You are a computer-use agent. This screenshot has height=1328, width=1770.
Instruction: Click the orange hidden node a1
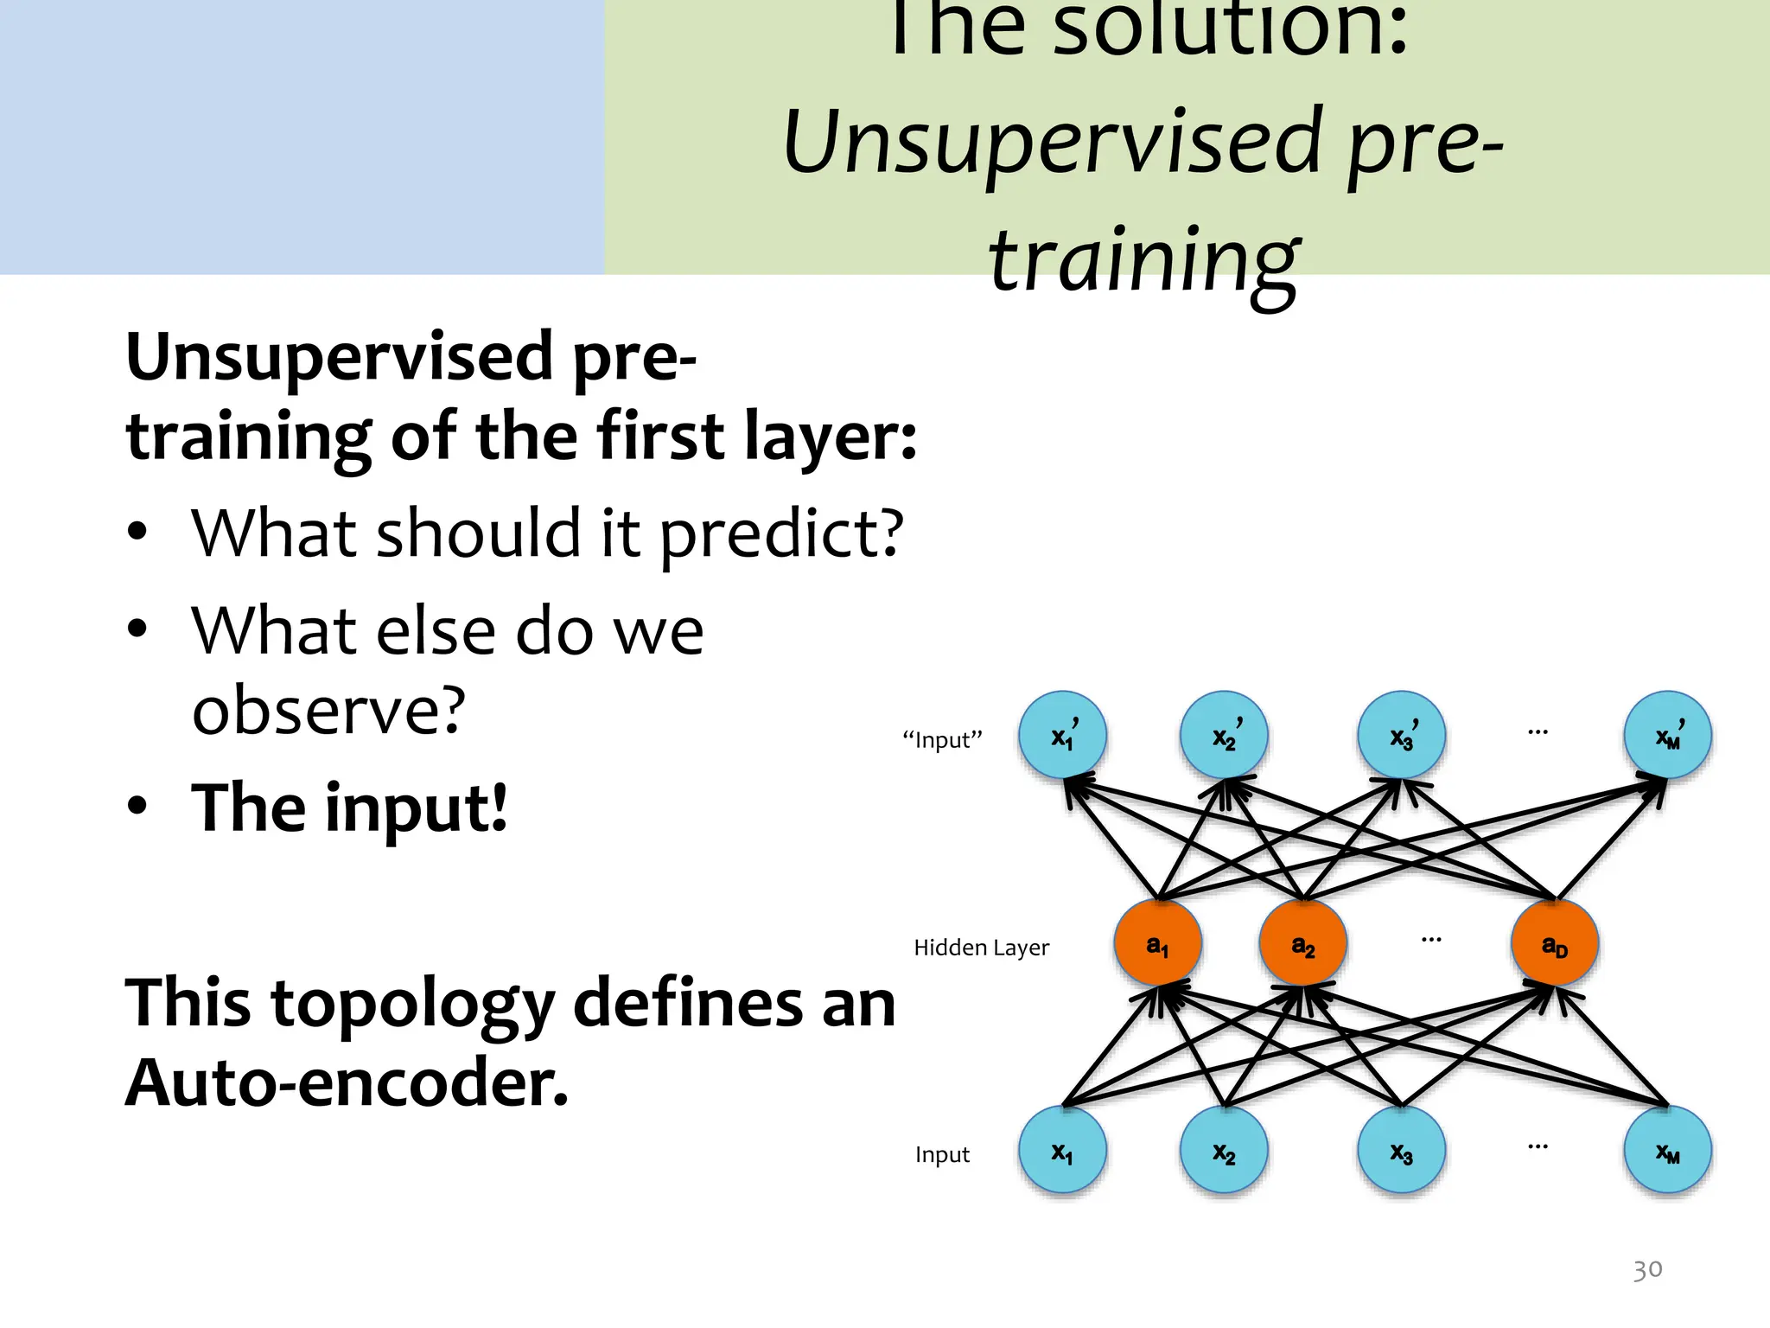[1157, 943]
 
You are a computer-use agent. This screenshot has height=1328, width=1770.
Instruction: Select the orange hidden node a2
[1302, 943]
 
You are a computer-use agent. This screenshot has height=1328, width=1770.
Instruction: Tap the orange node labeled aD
[1554, 943]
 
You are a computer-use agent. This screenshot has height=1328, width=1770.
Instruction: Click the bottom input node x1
[1062, 1151]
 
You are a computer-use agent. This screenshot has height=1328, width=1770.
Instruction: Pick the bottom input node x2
[1224, 1151]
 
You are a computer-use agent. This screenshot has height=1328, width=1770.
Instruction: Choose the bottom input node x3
[1401, 1151]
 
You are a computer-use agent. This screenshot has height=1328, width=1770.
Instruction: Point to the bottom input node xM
[1667, 1151]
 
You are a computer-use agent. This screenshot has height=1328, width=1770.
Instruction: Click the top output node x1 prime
[1062, 735]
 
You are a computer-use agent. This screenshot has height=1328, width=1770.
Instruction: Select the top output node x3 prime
[1401, 735]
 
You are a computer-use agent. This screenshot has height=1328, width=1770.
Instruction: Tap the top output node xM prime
[1667, 735]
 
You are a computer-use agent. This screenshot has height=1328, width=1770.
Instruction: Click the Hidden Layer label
[981, 948]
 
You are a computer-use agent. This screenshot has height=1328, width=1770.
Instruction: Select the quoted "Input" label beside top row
[942, 740]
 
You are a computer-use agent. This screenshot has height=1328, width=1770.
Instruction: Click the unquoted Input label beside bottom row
[942, 1154]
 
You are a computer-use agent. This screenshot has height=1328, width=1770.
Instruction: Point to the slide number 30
[1647, 1269]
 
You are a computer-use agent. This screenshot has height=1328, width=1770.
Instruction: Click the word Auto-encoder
[347, 1082]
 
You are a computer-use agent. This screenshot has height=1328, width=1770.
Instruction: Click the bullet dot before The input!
[137, 806]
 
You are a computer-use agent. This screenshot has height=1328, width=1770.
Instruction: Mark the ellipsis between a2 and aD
[1431, 939]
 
